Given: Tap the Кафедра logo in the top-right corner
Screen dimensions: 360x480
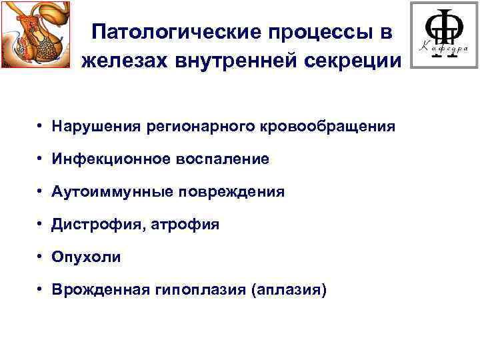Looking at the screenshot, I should click(443, 35).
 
